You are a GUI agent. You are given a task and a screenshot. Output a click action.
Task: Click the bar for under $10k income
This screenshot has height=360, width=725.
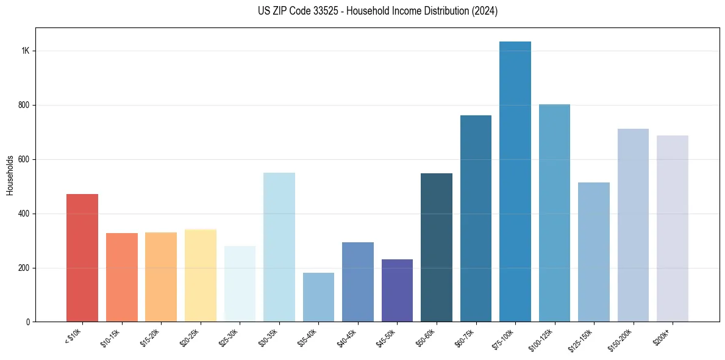82,257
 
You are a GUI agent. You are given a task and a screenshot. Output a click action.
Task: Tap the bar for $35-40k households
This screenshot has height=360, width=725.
318,297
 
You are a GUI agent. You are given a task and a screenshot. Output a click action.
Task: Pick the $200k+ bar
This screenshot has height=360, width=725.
673,228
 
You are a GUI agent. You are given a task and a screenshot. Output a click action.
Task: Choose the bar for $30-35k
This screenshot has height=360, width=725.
279,247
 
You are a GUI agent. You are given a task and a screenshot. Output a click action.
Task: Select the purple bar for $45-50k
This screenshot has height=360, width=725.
397,290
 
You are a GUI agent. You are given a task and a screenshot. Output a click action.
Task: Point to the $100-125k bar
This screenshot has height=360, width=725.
554,213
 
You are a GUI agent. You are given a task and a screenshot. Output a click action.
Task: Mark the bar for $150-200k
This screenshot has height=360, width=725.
633,225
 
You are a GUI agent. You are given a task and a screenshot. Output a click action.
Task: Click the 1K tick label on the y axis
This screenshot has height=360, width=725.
25,51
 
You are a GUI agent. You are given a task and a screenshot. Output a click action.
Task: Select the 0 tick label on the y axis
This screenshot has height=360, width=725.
27,322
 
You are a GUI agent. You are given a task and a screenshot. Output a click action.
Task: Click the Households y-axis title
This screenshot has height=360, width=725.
10,175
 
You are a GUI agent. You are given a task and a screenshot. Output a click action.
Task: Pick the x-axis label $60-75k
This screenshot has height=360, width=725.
464,337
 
